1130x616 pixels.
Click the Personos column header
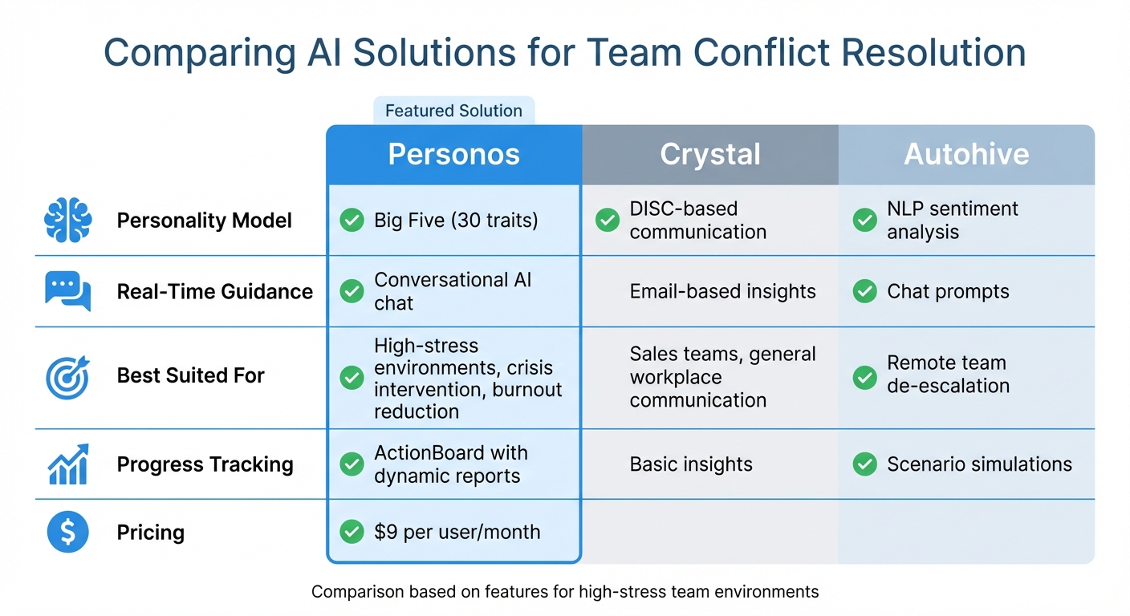(453, 155)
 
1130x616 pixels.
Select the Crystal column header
(710, 155)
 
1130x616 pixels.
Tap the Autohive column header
(966, 155)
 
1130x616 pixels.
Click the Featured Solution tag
(453, 111)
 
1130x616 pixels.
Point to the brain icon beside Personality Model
(67, 221)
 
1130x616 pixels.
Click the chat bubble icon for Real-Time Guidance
(67, 291)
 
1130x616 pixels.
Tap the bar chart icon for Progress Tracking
(67, 464)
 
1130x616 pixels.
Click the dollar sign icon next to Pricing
(67, 532)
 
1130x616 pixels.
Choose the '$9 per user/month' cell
(457, 532)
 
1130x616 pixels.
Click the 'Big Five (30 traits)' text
(456, 221)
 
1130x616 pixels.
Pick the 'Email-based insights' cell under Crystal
(722, 291)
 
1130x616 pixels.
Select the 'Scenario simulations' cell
(979, 464)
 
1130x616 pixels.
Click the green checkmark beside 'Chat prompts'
(864, 291)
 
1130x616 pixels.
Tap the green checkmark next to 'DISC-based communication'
(608, 221)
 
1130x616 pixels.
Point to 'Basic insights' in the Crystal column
(691, 464)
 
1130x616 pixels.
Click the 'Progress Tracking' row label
(205, 464)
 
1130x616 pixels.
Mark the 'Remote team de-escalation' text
(948, 375)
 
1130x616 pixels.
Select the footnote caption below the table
(565, 592)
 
